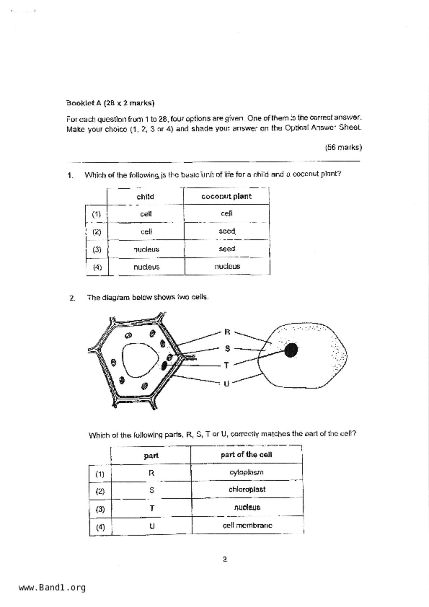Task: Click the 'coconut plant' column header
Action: click(226, 197)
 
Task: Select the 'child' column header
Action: click(145, 197)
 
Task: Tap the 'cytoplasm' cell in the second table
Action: click(246, 472)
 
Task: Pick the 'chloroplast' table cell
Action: click(247, 490)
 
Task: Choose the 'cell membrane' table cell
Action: click(247, 525)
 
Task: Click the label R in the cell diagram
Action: click(227, 332)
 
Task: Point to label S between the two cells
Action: click(227, 348)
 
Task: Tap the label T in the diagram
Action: click(226, 365)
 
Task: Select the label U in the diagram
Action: click(226, 384)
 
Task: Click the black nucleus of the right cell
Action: click(291, 350)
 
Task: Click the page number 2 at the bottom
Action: click(225, 559)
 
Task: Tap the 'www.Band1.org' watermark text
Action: click(52, 588)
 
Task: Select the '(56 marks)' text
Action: click(343, 147)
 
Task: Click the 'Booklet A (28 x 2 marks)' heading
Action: click(110, 103)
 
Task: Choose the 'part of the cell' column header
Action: click(246, 455)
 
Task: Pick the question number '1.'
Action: click(70, 175)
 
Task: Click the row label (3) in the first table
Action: click(97, 250)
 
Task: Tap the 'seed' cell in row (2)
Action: click(227, 231)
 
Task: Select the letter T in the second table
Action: click(152, 508)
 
